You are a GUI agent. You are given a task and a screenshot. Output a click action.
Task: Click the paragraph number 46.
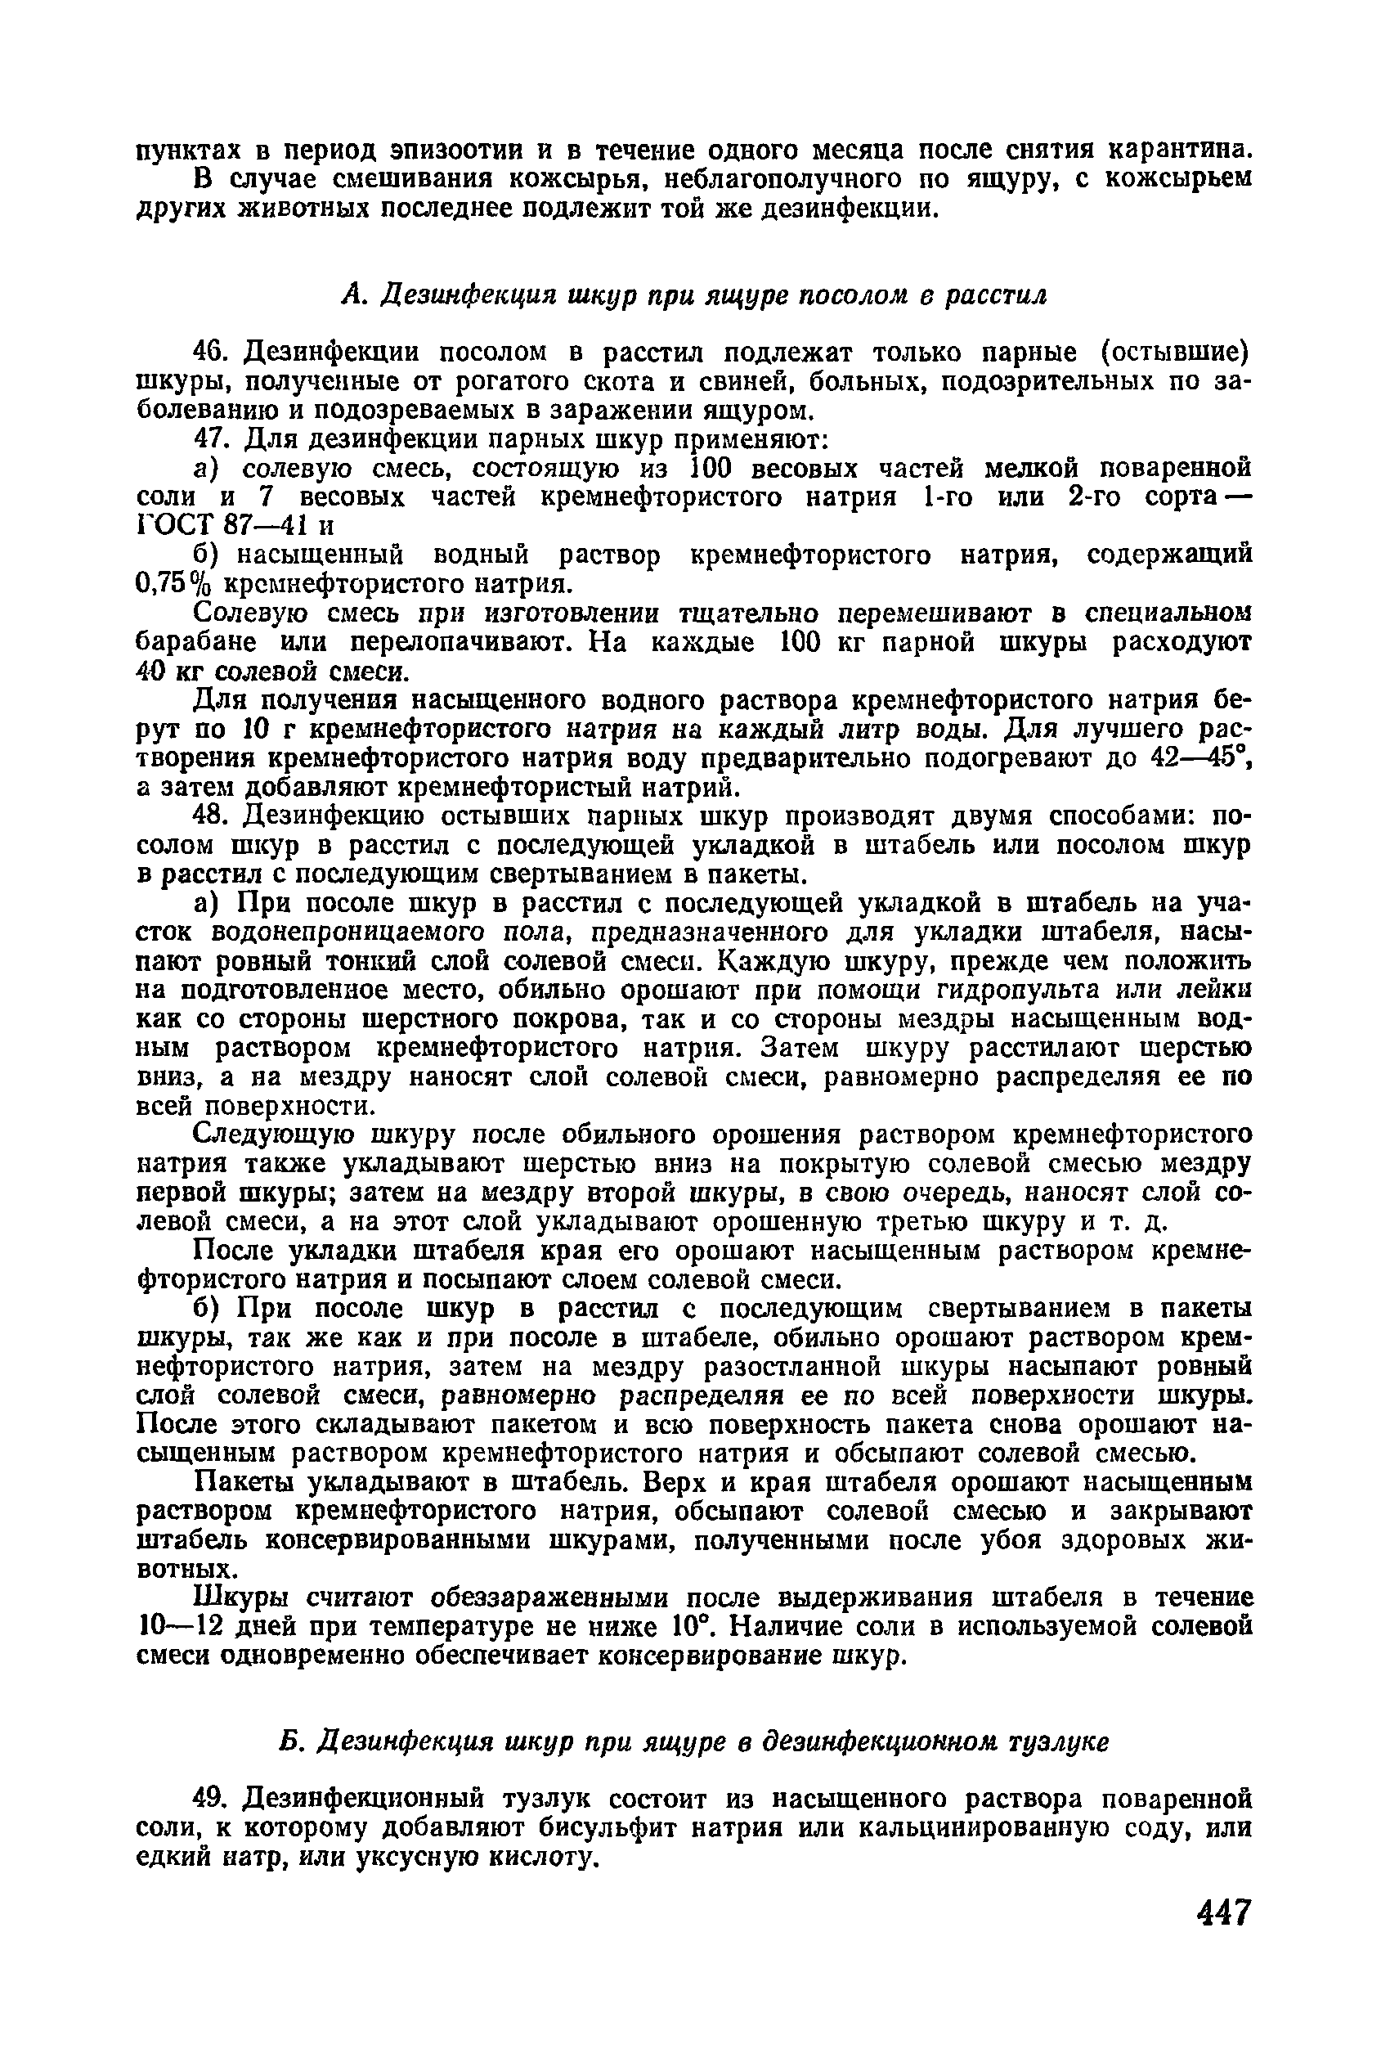(x=212, y=353)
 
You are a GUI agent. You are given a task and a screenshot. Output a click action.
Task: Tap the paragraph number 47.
(x=212, y=440)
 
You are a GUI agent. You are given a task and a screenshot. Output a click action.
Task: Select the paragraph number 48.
(x=212, y=815)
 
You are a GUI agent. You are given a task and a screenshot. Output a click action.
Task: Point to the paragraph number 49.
(x=212, y=1797)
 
